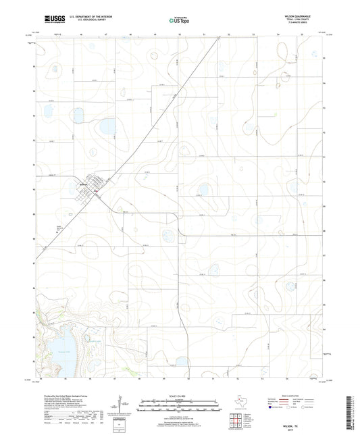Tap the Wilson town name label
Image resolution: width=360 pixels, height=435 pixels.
tap(84, 183)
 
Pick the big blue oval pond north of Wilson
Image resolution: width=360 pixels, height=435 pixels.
tap(107, 126)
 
